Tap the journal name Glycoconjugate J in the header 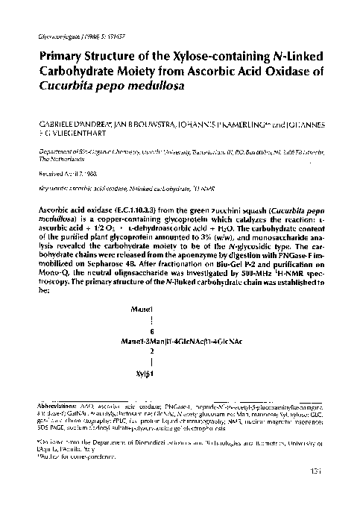click(x=54, y=36)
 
